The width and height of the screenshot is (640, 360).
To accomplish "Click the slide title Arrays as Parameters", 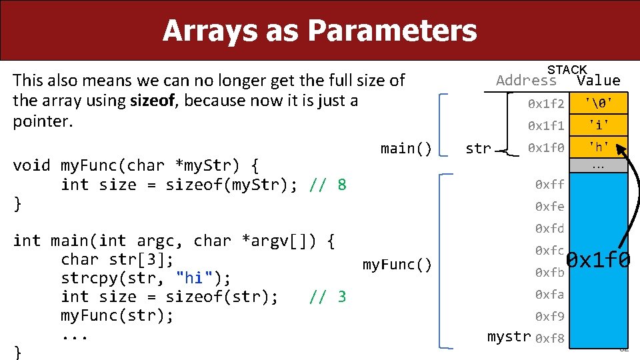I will click(x=319, y=31).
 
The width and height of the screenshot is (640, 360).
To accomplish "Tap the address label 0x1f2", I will click(x=546, y=103).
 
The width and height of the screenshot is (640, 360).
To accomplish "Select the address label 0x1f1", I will click(x=546, y=125).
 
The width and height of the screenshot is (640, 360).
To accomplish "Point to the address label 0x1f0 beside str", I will click(x=546, y=147).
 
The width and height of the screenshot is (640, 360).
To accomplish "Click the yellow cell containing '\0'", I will click(x=599, y=103).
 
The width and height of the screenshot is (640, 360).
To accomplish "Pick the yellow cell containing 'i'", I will click(x=599, y=125).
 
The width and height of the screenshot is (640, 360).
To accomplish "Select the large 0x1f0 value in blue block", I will click(x=598, y=259).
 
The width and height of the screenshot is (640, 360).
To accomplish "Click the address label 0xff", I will click(x=550, y=185).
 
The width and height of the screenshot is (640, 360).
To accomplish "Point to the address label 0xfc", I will click(x=550, y=251).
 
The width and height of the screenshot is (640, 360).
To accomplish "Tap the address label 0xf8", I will click(x=550, y=338).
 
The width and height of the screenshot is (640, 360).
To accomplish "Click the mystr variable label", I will click(x=509, y=337).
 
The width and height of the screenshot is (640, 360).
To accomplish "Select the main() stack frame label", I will click(x=406, y=148).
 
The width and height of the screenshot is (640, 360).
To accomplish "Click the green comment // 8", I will click(x=328, y=185).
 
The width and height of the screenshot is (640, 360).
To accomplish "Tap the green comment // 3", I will click(x=328, y=297).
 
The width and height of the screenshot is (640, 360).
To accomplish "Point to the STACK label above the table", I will click(x=567, y=70).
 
